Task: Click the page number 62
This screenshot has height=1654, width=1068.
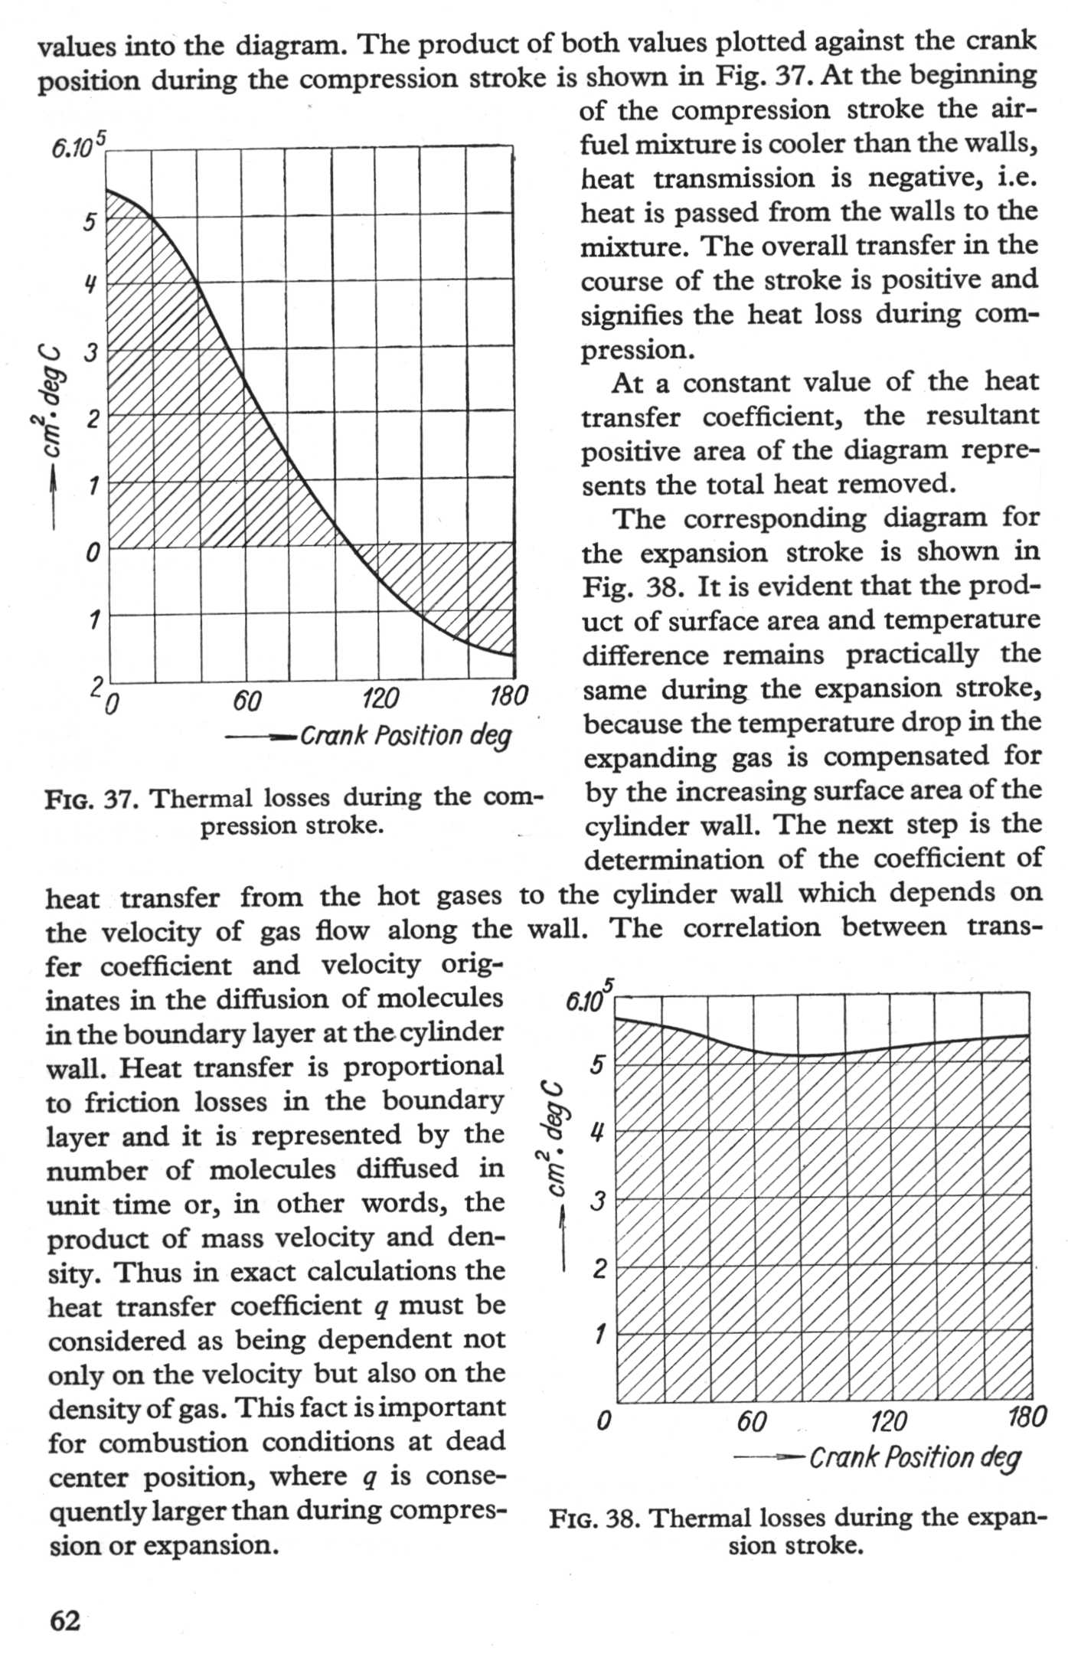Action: coord(65,1620)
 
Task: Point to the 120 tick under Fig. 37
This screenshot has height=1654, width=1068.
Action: coord(380,698)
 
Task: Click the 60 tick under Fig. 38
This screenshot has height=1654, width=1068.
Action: coord(752,1421)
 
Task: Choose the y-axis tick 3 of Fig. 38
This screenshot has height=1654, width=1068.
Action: coord(599,1201)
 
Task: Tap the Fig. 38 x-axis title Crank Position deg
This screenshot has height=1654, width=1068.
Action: coord(915,1456)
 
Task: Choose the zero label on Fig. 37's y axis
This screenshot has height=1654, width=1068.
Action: coord(92,551)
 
